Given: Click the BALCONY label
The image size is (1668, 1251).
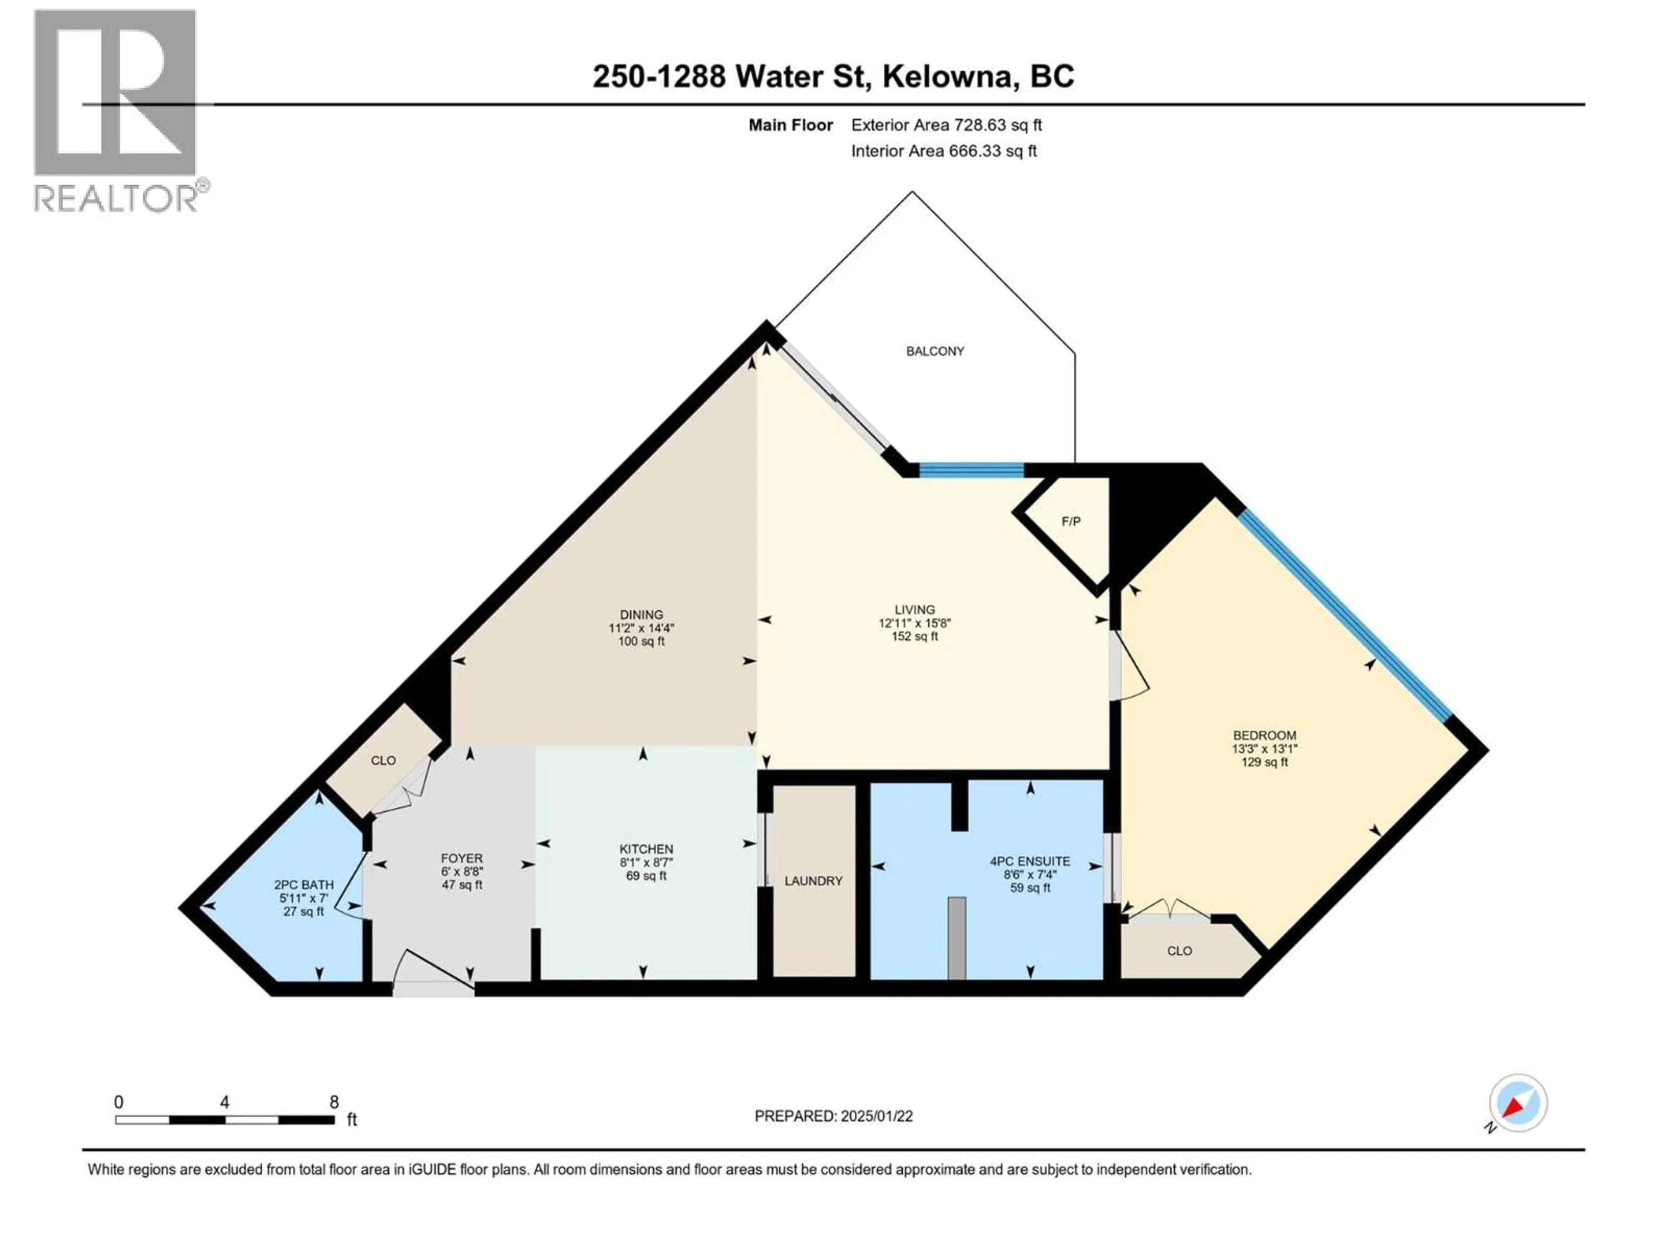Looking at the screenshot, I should (935, 351).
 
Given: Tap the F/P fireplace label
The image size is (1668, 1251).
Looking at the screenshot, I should (1071, 522).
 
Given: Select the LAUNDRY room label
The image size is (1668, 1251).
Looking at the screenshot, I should (813, 881).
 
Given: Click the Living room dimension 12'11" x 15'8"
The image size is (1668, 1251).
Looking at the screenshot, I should (915, 623).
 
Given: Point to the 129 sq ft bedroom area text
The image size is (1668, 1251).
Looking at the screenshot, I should (1264, 762).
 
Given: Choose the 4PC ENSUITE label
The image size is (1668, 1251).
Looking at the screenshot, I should (1030, 861).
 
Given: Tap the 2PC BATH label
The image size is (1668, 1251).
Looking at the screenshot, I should (303, 884).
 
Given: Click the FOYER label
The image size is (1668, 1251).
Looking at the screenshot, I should (461, 858).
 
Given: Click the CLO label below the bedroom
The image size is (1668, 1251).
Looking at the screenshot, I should (1179, 951).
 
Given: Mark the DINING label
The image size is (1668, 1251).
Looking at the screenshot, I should (642, 615).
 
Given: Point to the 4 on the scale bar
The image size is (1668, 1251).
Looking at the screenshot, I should (225, 1102).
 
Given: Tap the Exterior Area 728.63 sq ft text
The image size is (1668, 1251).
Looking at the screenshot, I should (947, 125).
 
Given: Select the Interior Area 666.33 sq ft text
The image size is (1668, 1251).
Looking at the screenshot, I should (943, 151).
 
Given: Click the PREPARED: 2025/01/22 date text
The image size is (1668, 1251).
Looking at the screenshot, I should (833, 1116).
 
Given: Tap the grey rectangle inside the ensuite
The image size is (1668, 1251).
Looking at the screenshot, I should (956, 938).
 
